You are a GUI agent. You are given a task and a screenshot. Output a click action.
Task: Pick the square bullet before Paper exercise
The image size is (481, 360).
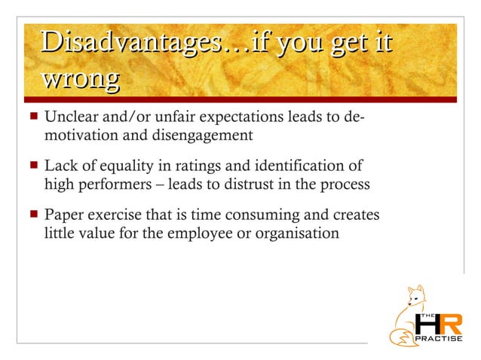(x=32, y=216)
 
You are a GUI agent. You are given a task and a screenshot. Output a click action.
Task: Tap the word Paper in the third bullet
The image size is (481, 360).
(x=63, y=216)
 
